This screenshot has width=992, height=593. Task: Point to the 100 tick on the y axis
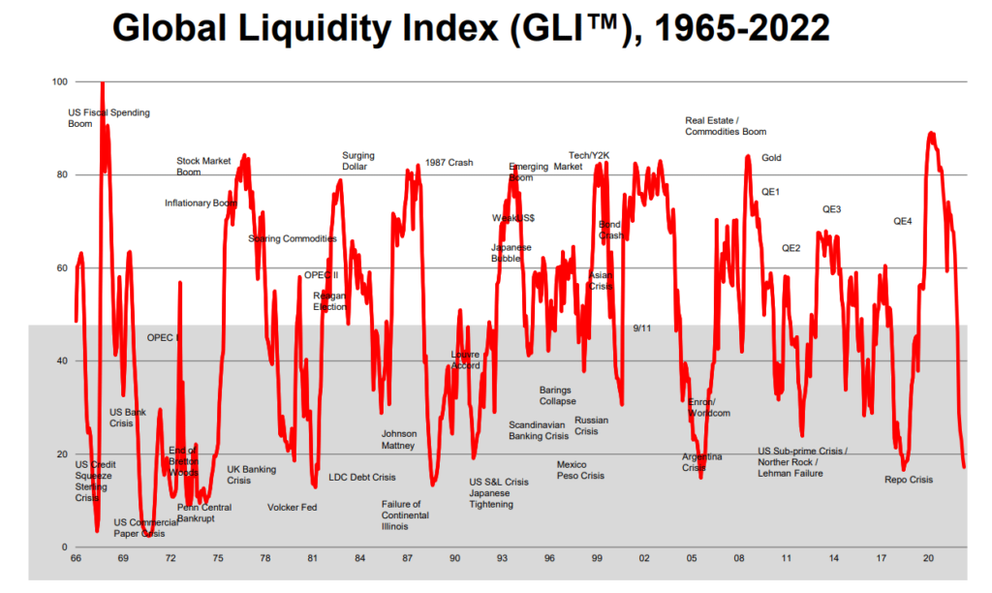click(59, 81)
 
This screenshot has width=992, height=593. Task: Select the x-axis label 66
click(76, 559)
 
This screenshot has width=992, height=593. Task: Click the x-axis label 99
click(597, 559)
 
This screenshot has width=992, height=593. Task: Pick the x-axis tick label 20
click(928, 559)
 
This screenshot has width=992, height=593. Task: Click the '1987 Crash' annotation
click(449, 163)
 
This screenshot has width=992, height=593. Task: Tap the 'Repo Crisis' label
click(909, 480)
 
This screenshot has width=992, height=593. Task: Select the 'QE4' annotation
click(903, 222)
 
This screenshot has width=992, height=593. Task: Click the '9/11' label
click(641, 328)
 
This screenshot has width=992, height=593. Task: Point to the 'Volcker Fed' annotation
click(293, 508)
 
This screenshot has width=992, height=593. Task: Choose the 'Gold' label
click(771, 158)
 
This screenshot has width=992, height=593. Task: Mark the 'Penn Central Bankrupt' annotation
click(203, 514)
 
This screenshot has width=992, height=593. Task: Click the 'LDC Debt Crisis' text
click(362, 478)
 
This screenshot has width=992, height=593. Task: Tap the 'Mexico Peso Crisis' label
click(580, 470)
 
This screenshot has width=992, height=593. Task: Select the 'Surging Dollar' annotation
click(358, 161)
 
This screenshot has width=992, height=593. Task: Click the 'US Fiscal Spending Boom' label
click(108, 118)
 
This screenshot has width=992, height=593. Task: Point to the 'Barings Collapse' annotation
click(557, 395)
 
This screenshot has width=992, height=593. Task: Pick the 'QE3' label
click(831, 209)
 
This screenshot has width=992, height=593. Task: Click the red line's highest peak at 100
click(102, 83)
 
